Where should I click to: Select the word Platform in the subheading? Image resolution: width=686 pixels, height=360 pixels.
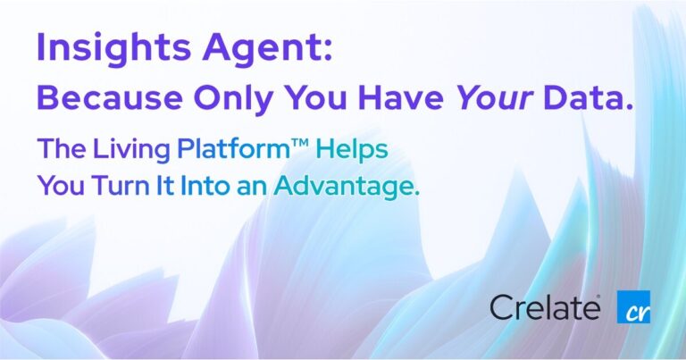pos(235,150)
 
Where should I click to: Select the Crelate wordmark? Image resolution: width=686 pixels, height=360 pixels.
pos(546,307)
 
